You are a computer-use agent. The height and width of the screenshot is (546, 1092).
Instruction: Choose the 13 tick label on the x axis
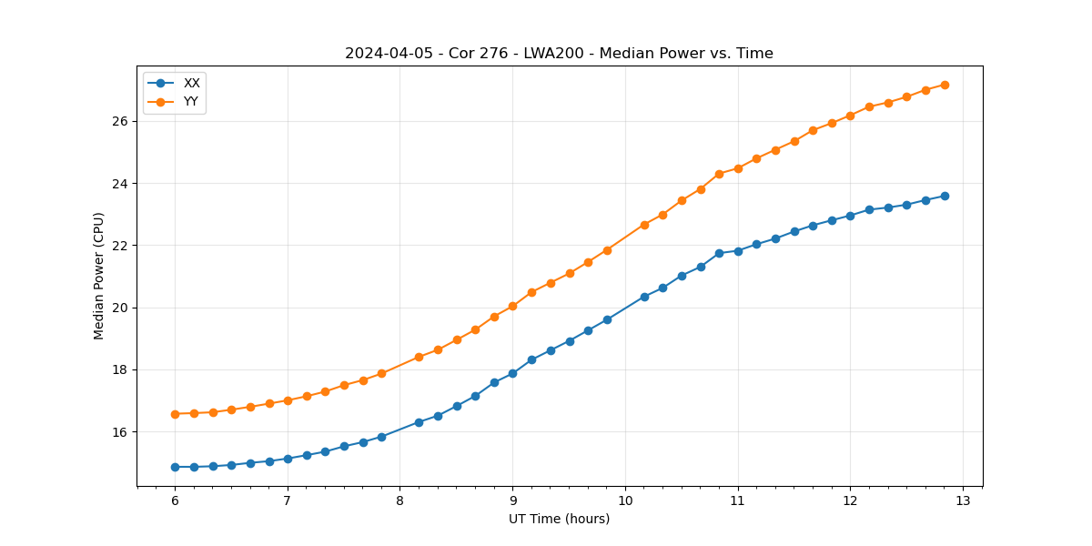[x=963, y=500]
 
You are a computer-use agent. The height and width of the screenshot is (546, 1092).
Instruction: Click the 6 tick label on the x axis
[x=175, y=500]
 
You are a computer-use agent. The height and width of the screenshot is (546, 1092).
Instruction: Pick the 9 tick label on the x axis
[x=512, y=500]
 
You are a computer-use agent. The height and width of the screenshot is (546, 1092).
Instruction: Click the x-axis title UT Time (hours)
[x=559, y=519]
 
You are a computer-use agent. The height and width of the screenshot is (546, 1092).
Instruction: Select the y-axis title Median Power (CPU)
[x=99, y=276]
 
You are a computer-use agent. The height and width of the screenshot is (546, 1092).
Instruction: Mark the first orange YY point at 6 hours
[x=175, y=414]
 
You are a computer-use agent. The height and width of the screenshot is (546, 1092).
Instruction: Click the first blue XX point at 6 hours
[x=175, y=467]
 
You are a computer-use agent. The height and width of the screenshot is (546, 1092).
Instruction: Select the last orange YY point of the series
[x=945, y=85]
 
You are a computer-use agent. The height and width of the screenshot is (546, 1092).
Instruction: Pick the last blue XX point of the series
[x=945, y=196]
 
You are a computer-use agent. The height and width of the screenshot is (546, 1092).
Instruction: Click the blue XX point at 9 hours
[x=512, y=373]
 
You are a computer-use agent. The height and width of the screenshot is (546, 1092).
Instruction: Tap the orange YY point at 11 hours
[x=738, y=168]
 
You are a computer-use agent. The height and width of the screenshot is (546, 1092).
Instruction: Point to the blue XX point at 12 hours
[x=850, y=216]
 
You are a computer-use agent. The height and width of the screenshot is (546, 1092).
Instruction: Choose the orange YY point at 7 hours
[x=288, y=400]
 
